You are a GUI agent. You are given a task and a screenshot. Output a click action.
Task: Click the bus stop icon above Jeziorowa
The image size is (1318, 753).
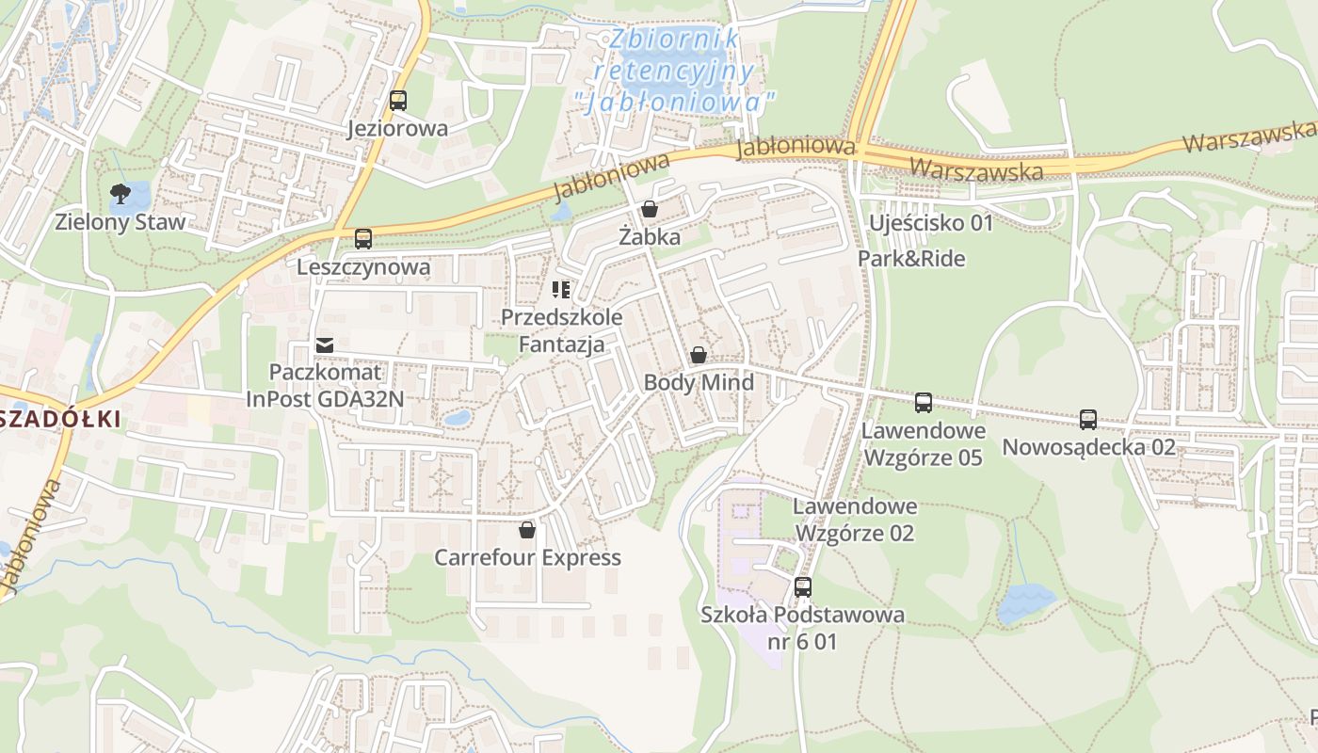click(398, 101)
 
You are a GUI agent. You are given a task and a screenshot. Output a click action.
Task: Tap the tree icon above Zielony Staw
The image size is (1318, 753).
click(120, 195)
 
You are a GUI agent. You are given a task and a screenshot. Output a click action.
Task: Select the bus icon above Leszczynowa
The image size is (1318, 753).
click(363, 239)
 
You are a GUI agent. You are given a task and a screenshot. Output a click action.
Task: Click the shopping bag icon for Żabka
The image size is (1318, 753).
click(650, 209)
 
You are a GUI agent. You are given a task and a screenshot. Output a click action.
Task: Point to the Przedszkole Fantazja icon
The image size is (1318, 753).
click(561, 290)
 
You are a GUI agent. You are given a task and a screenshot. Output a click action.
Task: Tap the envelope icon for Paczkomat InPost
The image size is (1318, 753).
click(325, 345)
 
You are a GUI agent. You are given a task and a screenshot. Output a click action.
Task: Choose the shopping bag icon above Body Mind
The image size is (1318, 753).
click(698, 355)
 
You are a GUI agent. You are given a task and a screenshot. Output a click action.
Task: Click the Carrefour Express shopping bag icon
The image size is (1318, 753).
click(527, 530)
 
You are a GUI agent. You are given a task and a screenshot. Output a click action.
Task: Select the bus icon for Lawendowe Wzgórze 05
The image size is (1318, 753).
click(924, 403)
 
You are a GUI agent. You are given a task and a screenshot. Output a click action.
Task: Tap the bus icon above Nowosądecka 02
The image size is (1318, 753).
click(1088, 419)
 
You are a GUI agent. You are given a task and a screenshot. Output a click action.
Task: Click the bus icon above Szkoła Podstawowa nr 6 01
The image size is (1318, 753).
click(803, 587)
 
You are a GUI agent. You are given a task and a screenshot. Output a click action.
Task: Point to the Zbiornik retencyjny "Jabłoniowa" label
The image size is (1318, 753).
click(674, 71)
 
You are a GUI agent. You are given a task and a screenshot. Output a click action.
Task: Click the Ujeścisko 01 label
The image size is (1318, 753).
click(931, 223)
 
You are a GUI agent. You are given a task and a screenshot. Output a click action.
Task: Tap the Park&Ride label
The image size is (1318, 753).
click(911, 258)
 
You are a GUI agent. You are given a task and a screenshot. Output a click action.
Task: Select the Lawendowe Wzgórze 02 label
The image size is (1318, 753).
click(854, 520)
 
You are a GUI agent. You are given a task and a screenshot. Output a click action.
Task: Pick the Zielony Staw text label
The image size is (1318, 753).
click(121, 223)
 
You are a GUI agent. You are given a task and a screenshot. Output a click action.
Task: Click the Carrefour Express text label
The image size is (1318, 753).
click(527, 557)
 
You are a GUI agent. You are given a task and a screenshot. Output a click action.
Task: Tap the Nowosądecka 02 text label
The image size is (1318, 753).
click(1088, 447)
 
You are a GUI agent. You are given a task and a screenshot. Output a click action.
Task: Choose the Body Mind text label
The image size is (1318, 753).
click(699, 382)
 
